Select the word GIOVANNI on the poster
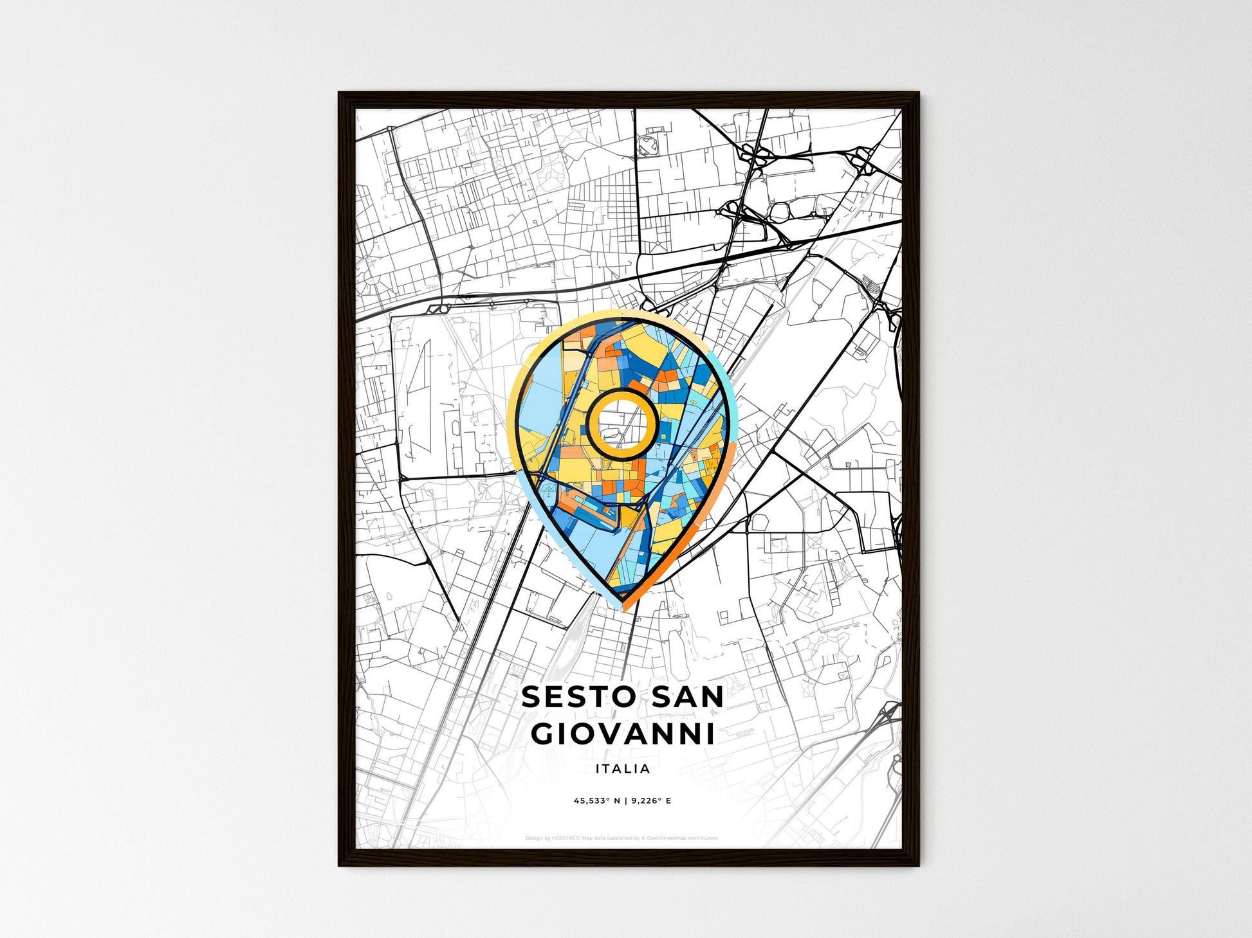click(x=623, y=734)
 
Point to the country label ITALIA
click(x=623, y=768)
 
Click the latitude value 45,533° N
click(x=596, y=801)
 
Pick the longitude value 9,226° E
click(x=650, y=801)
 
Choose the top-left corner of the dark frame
click(x=340, y=94)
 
